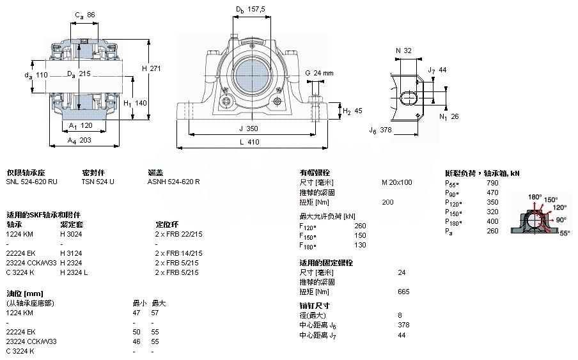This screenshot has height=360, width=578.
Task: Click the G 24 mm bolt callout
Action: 319,73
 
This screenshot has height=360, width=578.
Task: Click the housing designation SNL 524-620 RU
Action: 32,182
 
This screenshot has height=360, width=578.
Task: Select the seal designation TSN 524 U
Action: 98,182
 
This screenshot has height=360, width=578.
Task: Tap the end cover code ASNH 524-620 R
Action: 174,182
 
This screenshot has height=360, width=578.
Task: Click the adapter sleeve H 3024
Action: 71,234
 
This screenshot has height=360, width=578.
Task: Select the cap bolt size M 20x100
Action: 396,182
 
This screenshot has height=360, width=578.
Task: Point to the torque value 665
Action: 403,292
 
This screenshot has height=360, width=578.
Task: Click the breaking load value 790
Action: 493,183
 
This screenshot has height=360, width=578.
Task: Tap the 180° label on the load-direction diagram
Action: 535,196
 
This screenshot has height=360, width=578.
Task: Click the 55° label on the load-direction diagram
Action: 565,233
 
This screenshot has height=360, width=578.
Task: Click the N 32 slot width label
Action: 403,51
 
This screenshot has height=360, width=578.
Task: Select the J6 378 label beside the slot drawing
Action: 380,130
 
